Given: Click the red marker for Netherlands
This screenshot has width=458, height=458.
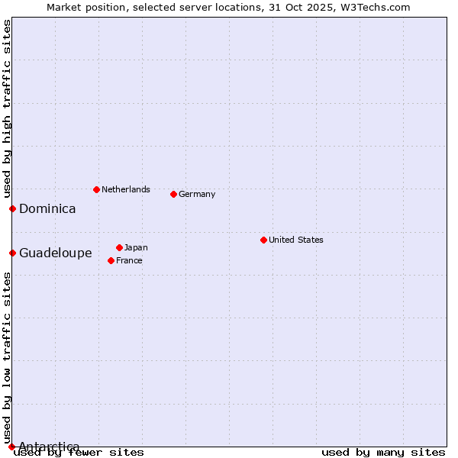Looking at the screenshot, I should pyautogui.click(x=96, y=189).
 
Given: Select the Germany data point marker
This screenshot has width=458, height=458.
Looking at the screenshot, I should pyautogui.click(x=173, y=194).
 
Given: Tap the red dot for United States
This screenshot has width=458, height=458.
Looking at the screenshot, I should pyautogui.click(x=263, y=240).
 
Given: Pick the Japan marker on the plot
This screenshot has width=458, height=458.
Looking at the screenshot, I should pyautogui.click(x=119, y=247).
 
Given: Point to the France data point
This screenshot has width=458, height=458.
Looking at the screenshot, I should pyautogui.click(x=111, y=260).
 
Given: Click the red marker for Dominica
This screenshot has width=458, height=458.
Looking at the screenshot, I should pyautogui.click(x=12, y=208).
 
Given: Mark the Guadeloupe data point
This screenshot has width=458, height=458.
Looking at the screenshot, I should pyautogui.click(x=12, y=253).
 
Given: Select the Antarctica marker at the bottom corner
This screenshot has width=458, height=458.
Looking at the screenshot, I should pyautogui.click(x=11, y=447).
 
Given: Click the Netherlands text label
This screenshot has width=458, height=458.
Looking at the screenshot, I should pyautogui.click(x=126, y=189).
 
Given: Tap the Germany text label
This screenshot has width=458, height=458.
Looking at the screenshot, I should pyautogui.click(x=197, y=194).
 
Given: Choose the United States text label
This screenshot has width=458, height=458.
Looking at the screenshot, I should pyautogui.click(x=296, y=240).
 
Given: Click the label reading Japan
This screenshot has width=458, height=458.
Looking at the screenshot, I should pyautogui.click(x=136, y=247).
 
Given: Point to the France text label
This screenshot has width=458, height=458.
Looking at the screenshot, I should pyautogui.click(x=129, y=260).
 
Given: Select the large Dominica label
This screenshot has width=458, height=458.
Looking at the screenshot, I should pyautogui.click(x=47, y=208).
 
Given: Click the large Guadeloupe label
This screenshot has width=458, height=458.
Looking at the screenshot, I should pyautogui.click(x=56, y=253).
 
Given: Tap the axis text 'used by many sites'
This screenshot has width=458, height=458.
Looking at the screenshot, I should pyautogui.click(x=383, y=452).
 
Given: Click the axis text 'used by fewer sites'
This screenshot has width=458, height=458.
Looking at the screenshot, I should pyautogui.click(x=79, y=452).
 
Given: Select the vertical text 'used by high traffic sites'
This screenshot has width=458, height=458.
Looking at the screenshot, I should pyautogui.click(x=7, y=109).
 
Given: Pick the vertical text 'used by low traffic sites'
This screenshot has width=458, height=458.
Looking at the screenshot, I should pyautogui.click(x=7, y=357).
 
